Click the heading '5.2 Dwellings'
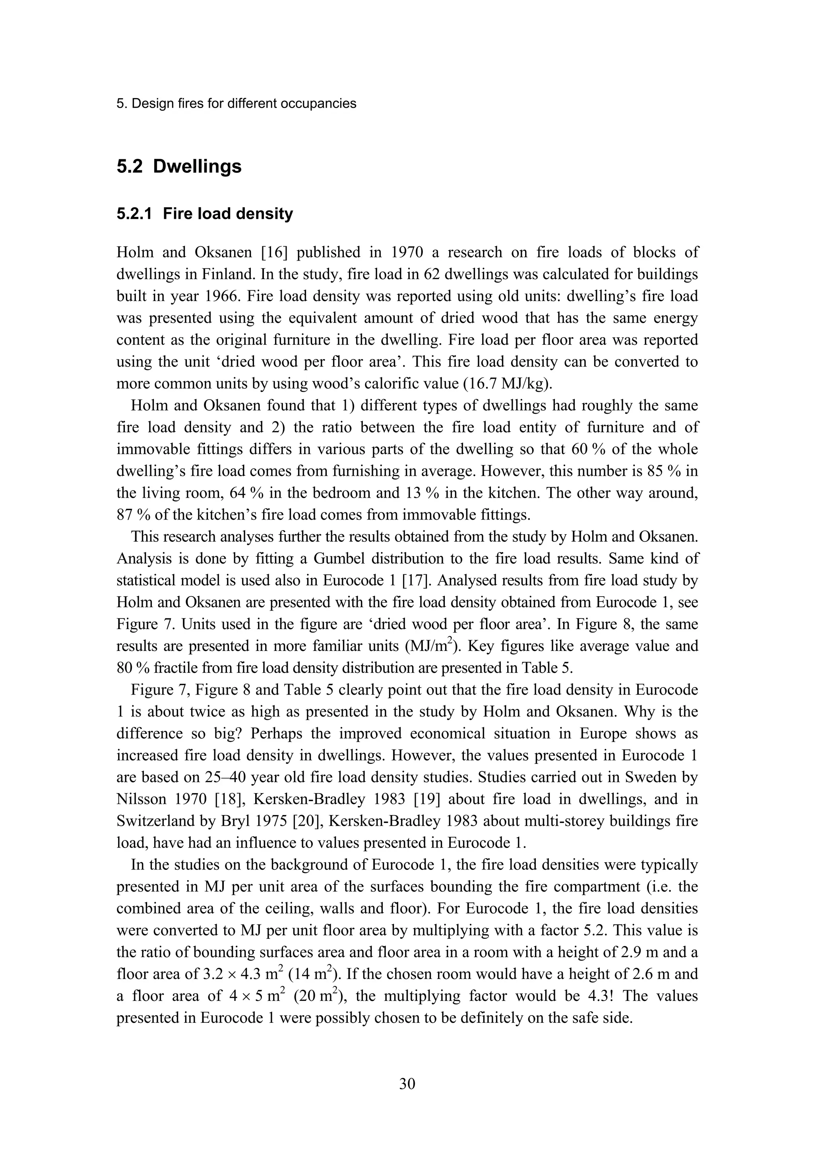178,166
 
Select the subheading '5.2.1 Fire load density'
205,214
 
